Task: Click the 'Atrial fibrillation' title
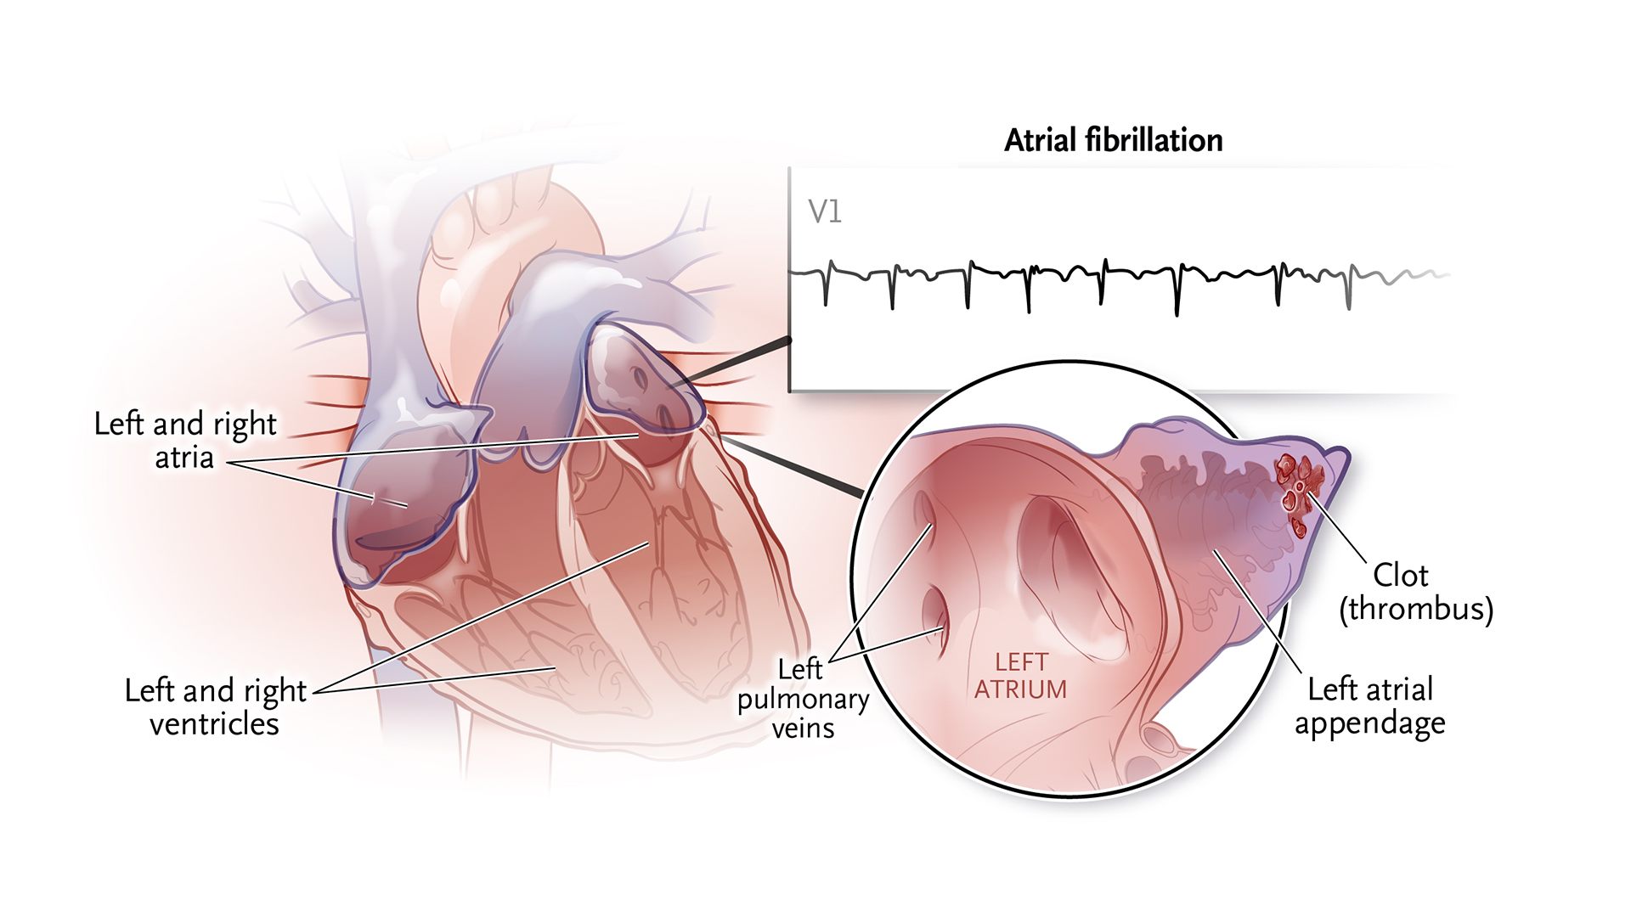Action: click(x=1114, y=140)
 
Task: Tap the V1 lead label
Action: click(x=825, y=211)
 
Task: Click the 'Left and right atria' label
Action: click(x=185, y=441)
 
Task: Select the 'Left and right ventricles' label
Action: click(x=215, y=707)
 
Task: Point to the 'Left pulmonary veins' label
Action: click(x=803, y=699)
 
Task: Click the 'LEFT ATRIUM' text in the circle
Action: click(x=1020, y=676)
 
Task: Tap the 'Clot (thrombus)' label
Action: click(x=1416, y=593)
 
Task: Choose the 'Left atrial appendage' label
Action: click(x=1369, y=706)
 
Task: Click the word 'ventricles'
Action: click(x=215, y=724)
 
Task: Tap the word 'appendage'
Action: click(x=1369, y=724)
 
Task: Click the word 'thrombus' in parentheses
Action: click(x=1416, y=610)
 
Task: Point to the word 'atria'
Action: click(x=184, y=458)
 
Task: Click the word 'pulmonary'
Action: click(x=803, y=700)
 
